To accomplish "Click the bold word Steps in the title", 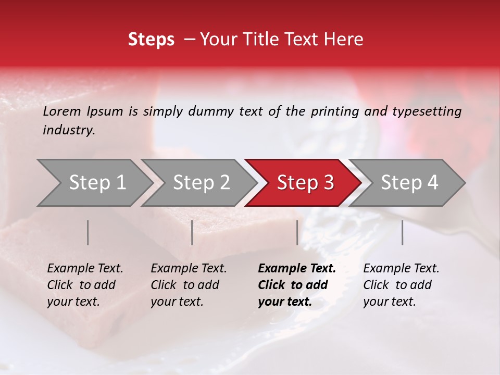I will point(151,40).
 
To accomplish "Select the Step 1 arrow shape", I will point(94,183).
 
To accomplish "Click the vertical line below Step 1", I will point(88,232).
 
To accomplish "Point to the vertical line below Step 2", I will point(192,232).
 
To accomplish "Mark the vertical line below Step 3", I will point(297,232).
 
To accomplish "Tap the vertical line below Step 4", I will point(403,232).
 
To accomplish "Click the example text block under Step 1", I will point(85,285).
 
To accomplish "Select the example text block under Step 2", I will point(189,285).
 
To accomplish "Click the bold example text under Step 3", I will point(297,285).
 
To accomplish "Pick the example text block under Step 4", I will point(401,285).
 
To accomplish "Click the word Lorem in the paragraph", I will point(62,111).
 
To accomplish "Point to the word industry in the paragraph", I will point(68,130).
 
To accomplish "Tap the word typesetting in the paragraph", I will point(427,111).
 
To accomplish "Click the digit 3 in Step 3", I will point(327,183).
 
